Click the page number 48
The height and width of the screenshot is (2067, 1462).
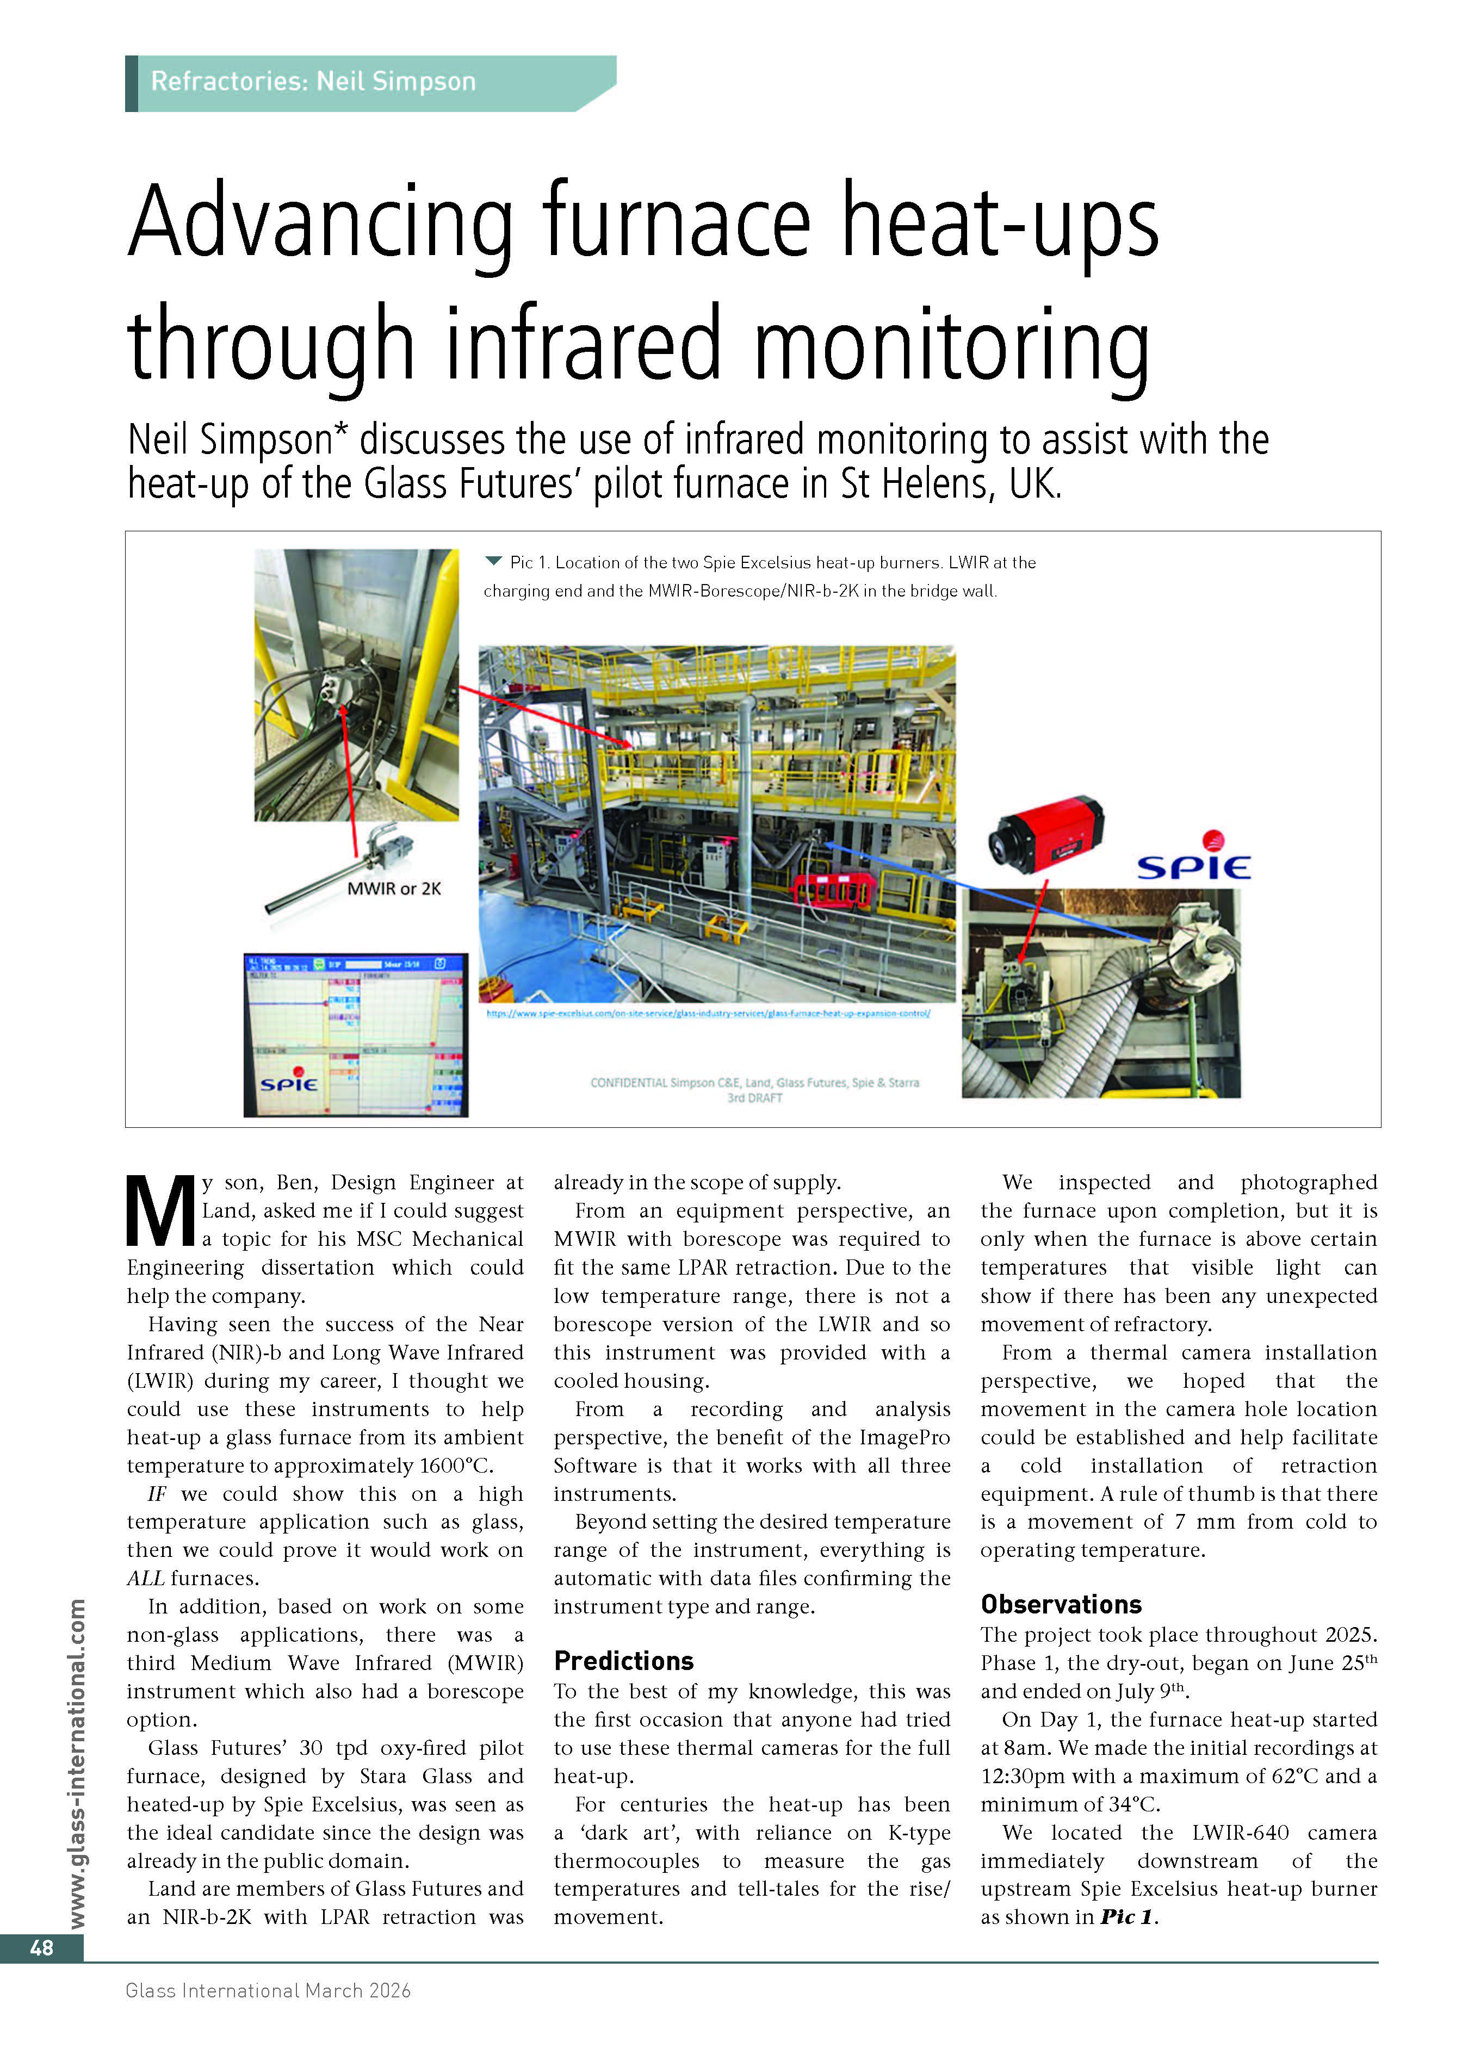pyautogui.click(x=41, y=1947)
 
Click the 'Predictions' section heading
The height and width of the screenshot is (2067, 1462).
pyautogui.click(x=623, y=1660)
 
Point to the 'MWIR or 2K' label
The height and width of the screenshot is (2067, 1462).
pyautogui.click(x=394, y=889)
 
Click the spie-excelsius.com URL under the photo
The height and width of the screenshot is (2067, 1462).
pyautogui.click(x=708, y=1013)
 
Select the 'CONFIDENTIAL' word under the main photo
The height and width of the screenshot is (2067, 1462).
pyautogui.click(x=628, y=1083)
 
